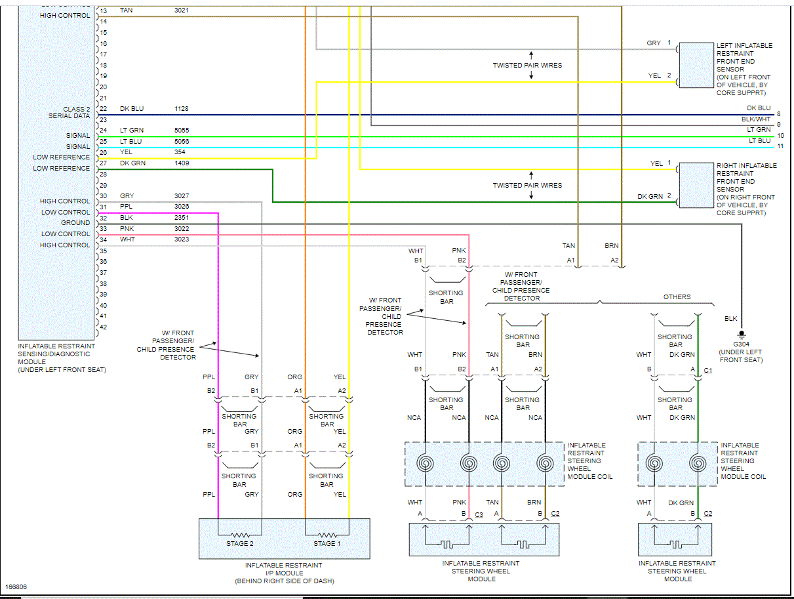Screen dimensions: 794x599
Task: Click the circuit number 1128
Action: click(x=181, y=108)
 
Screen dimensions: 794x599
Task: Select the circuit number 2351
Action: click(x=181, y=218)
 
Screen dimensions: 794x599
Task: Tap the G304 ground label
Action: click(x=741, y=344)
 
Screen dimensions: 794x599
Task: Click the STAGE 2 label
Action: click(x=239, y=544)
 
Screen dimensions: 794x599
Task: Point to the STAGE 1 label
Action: click(x=327, y=544)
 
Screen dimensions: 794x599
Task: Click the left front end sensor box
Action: click(x=696, y=65)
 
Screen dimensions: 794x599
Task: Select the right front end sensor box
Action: click(x=696, y=185)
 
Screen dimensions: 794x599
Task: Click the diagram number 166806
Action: click(x=16, y=587)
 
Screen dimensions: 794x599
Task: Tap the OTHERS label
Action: click(x=677, y=297)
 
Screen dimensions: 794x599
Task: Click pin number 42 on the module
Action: click(x=104, y=327)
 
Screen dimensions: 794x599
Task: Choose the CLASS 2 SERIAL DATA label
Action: click(x=69, y=113)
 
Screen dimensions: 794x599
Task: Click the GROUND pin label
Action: click(x=75, y=222)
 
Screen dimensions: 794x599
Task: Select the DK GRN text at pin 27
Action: click(x=132, y=163)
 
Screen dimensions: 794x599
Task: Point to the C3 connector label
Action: click(x=479, y=514)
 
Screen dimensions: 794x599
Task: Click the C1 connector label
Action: click(x=708, y=370)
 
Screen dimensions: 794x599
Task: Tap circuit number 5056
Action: click(x=182, y=142)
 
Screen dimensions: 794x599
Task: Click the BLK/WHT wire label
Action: click(x=756, y=119)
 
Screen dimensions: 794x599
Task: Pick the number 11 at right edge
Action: click(x=780, y=146)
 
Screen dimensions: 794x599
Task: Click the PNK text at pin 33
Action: click(x=127, y=229)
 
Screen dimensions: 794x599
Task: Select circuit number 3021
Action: click(x=182, y=10)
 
